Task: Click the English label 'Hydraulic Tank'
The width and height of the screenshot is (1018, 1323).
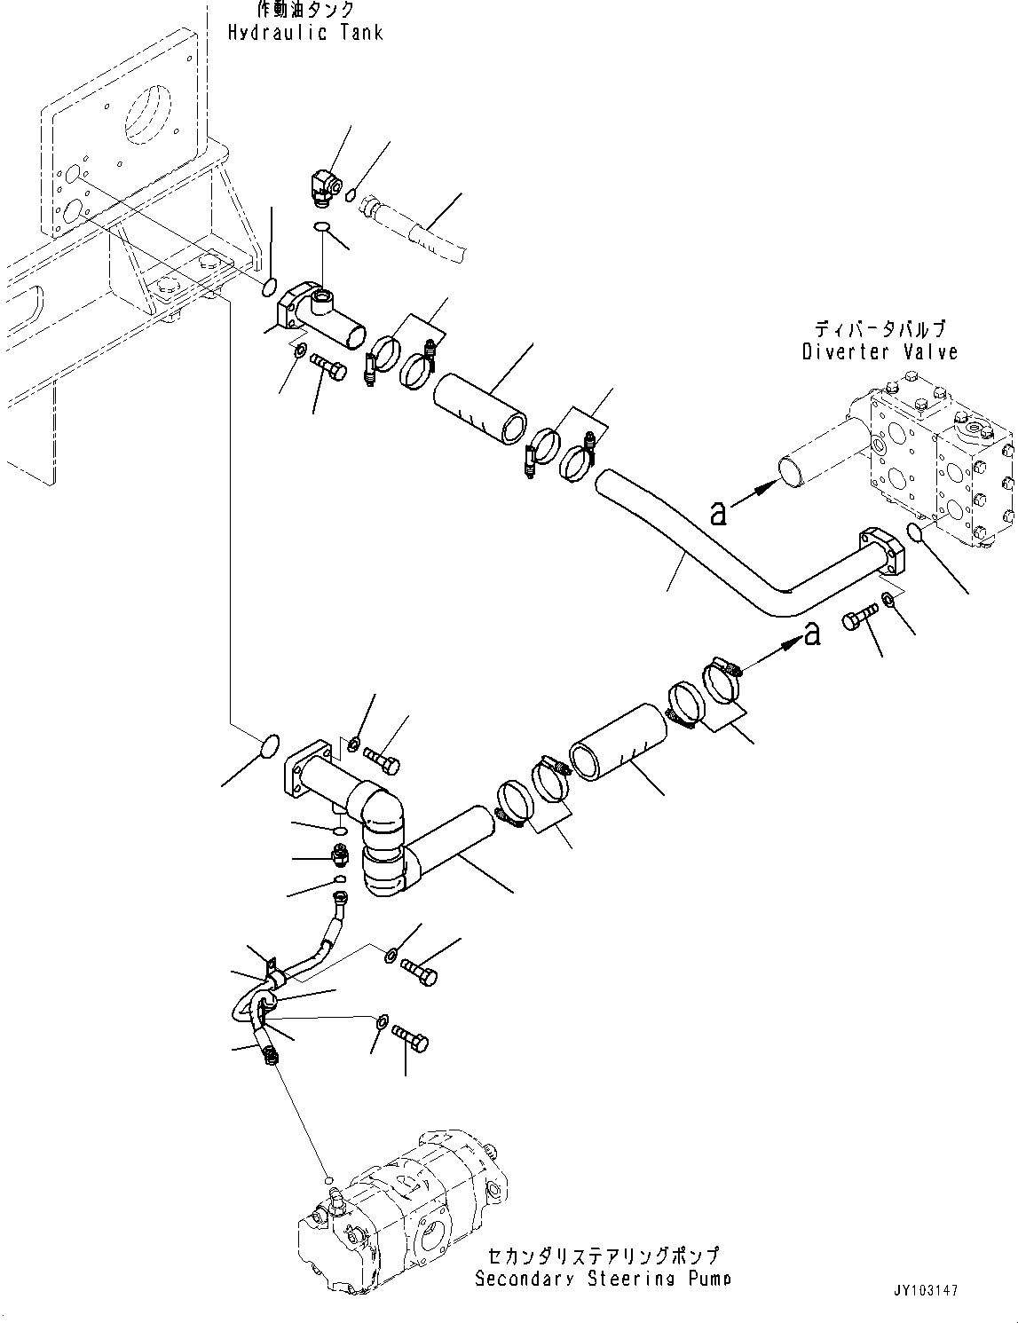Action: tap(304, 33)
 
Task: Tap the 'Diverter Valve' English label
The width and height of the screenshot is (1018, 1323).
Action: tap(880, 351)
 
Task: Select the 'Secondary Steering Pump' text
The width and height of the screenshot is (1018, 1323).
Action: tap(603, 1279)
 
